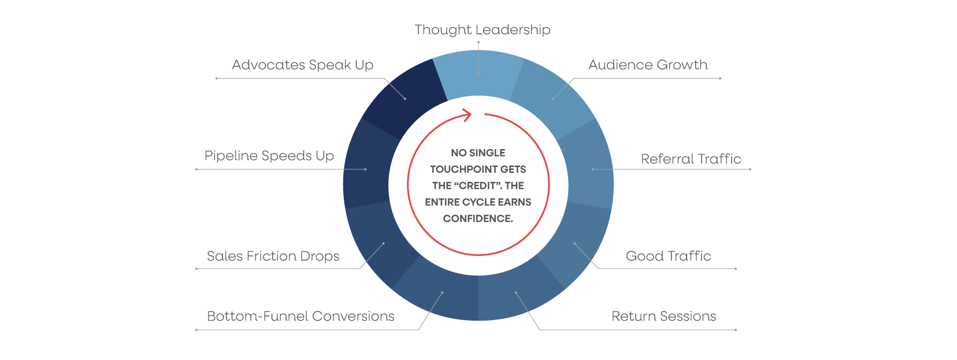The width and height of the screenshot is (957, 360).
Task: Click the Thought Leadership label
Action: click(x=482, y=30)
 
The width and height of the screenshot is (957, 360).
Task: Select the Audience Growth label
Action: click(x=648, y=65)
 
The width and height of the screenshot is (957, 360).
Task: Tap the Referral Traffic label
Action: click(x=691, y=159)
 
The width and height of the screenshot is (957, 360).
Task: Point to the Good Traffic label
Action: click(x=668, y=256)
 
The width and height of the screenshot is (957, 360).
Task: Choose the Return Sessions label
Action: click(x=663, y=316)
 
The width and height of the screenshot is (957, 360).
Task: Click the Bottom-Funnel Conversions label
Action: click(x=301, y=316)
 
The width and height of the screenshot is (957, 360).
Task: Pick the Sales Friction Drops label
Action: click(x=273, y=256)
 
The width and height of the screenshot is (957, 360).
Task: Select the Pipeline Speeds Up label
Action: click(x=269, y=156)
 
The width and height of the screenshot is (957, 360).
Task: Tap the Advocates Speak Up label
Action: click(x=302, y=65)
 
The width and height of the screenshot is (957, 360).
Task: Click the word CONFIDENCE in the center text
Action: click(x=477, y=218)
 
